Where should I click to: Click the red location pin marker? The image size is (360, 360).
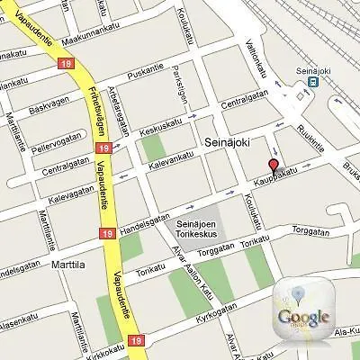click(274, 166)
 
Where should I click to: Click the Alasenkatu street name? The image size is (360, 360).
click(20, 322)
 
